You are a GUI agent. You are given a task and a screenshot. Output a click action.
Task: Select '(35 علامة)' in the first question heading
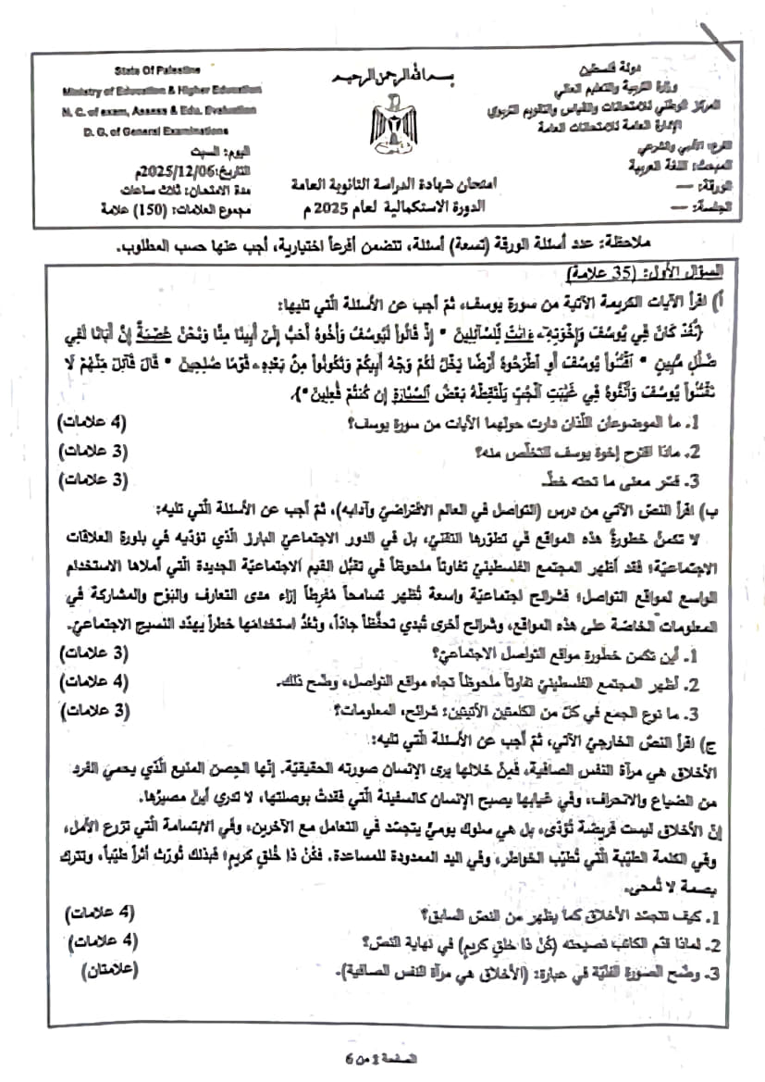(597, 277)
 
